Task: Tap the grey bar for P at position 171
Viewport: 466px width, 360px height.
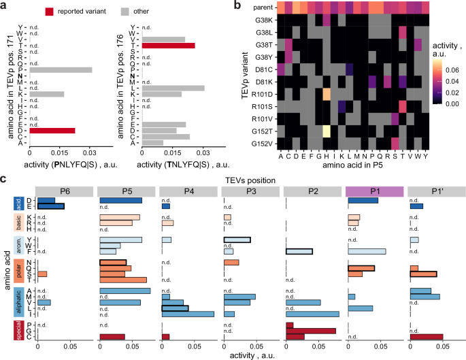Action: pos(60,69)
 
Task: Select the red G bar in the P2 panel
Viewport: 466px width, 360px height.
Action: pos(312,331)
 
